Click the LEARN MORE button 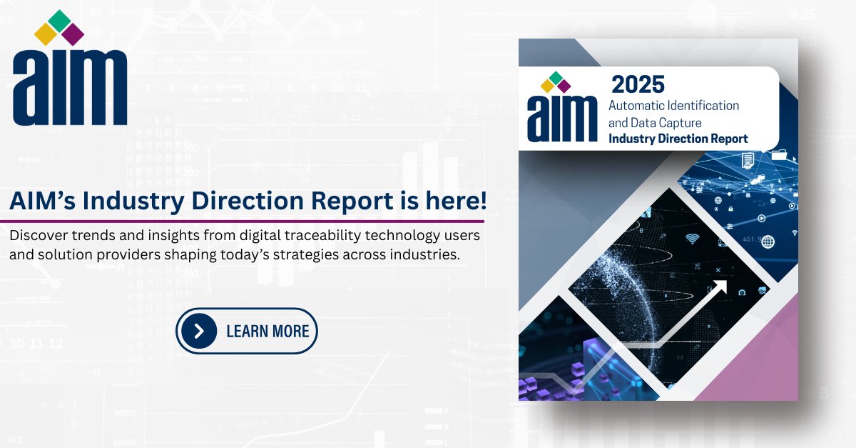(x=247, y=331)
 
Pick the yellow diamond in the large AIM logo (x=46, y=34)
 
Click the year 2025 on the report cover (x=638, y=85)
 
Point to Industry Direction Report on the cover (x=678, y=139)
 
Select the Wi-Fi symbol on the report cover (x=692, y=239)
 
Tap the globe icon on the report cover (x=768, y=242)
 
